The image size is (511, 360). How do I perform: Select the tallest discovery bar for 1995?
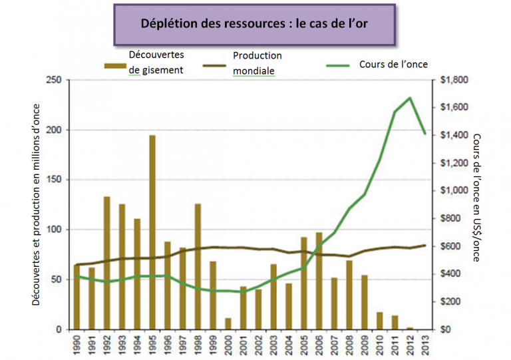pyautogui.click(x=152, y=232)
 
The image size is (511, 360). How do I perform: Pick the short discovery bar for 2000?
pyautogui.click(x=228, y=324)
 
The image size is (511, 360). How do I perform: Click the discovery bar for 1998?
pyautogui.click(x=198, y=266)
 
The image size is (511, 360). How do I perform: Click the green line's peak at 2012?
pyautogui.click(x=411, y=98)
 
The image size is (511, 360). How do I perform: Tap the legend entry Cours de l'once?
pyautogui.click(x=393, y=65)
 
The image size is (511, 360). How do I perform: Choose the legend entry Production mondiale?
pyautogui.click(x=257, y=63)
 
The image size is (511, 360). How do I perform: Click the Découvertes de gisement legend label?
pyautogui.click(x=156, y=62)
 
